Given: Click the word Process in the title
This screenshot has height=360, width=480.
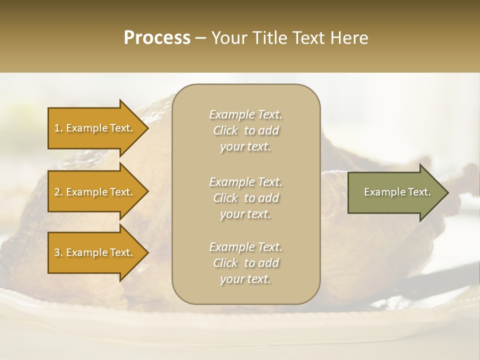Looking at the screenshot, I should tap(157, 38).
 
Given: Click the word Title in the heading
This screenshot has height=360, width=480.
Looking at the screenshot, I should tap(271, 38).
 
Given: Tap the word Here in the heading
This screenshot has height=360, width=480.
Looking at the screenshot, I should tap(349, 38).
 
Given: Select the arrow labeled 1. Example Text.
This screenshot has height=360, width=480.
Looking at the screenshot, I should tap(95, 128).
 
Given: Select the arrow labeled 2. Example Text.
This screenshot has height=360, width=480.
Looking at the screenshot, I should tap(95, 192).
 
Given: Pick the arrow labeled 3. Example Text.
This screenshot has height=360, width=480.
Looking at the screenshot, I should tap(95, 252).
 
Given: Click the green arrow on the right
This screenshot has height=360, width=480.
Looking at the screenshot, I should tap(395, 192).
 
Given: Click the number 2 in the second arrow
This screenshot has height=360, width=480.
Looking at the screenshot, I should tap(57, 192).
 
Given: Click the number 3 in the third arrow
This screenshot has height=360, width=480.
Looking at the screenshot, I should tap(57, 252).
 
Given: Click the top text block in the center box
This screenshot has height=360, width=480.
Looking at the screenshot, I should tap(245, 130).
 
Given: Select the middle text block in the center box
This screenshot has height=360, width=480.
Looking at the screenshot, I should tap(245, 198).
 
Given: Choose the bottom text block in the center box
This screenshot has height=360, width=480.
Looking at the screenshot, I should tap(245, 263).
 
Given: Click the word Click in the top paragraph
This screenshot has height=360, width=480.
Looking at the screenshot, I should tap(225, 130).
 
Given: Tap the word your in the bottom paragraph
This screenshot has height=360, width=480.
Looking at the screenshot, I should tap(231, 279).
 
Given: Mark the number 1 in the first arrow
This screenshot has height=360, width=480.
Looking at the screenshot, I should tap(57, 128).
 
